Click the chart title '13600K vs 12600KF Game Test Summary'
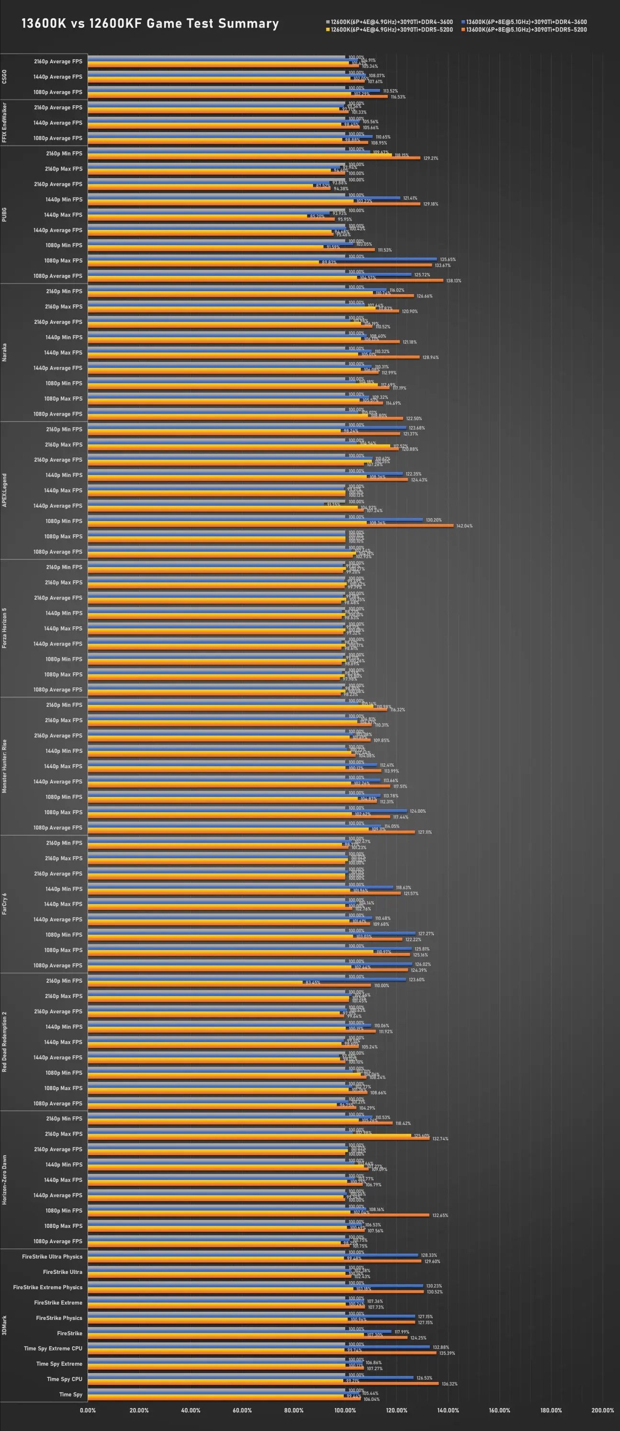tap(150, 23)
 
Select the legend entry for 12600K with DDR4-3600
tap(392, 22)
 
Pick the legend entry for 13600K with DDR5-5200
tap(526, 29)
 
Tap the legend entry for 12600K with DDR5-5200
tap(392, 29)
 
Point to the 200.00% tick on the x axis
tap(602, 1410)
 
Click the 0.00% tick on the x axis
tap(88, 1410)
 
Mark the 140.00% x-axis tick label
tap(448, 1410)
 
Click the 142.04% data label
tap(464, 526)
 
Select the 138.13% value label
tap(453, 281)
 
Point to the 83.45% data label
tap(313, 983)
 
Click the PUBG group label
tap(4, 215)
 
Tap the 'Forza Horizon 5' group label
tap(4, 628)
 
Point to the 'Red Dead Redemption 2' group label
tap(4, 1042)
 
